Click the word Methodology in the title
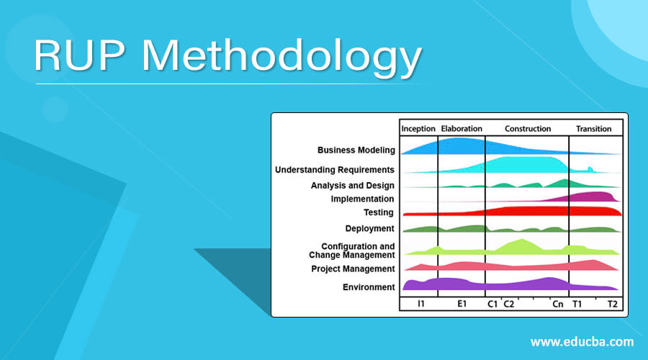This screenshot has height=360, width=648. click(288, 58)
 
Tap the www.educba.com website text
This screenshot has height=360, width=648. click(582, 341)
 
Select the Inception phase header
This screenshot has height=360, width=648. click(418, 129)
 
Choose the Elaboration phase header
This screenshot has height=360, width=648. click(462, 129)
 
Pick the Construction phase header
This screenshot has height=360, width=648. click(528, 129)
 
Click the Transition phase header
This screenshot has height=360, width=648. click(594, 129)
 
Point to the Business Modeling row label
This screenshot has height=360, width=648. click(356, 150)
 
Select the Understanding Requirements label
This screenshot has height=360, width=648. click(334, 170)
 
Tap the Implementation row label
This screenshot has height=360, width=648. click(362, 199)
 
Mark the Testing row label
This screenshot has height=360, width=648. click(379, 212)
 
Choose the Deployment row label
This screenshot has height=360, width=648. click(369, 228)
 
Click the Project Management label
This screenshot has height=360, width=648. click(353, 269)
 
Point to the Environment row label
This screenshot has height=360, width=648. click(369, 287)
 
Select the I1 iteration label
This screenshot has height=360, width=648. click(420, 304)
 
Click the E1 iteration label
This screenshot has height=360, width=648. click(462, 304)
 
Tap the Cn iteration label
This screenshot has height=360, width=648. click(558, 304)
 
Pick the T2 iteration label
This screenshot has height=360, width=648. click(611, 304)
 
